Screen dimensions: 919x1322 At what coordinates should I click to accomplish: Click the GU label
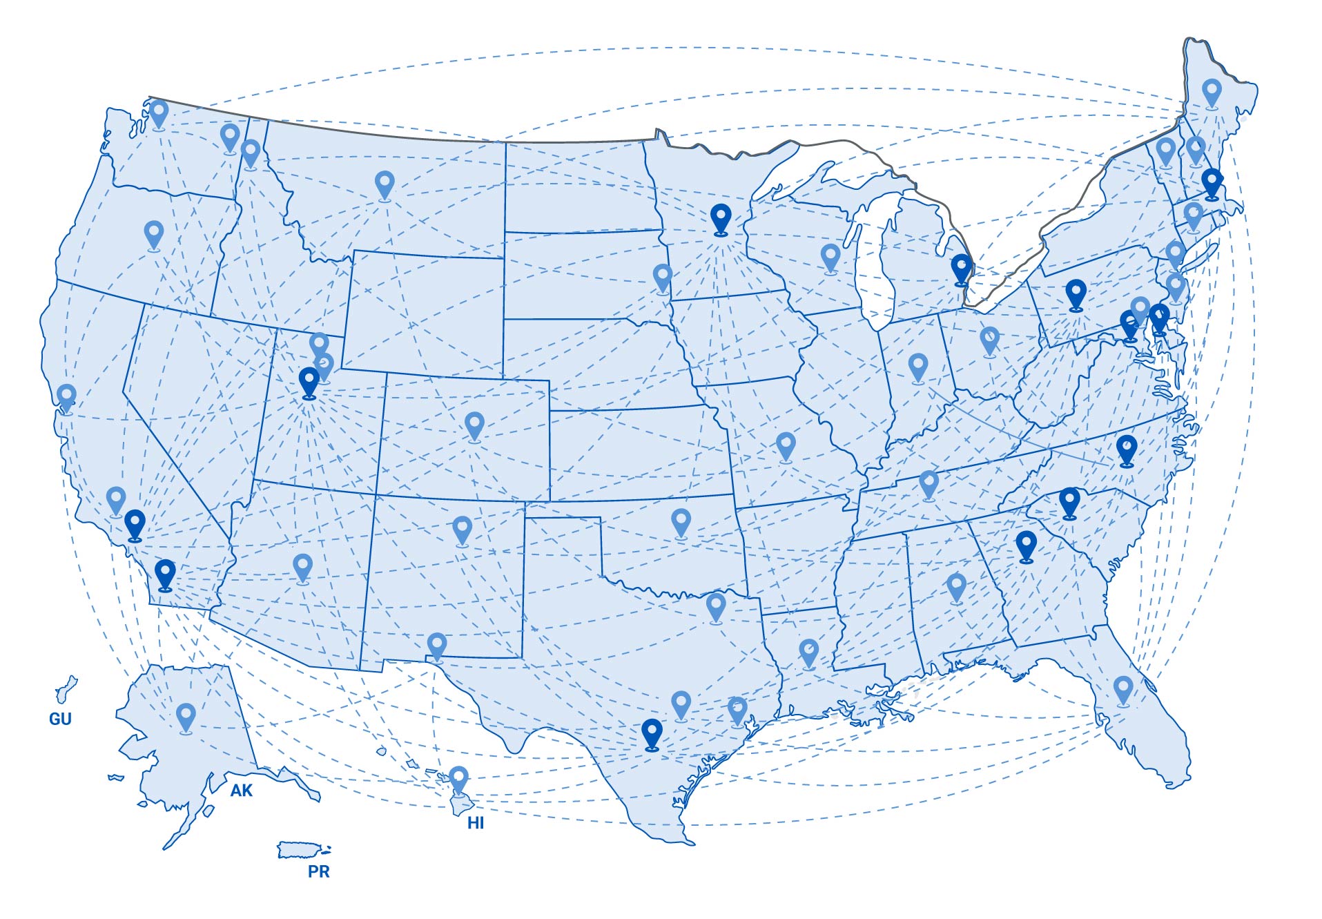coord(60,719)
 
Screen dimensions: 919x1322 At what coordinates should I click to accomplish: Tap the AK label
coord(241,791)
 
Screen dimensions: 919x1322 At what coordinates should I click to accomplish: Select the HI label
coord(475,823)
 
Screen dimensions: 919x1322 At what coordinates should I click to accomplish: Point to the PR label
coord(318,871)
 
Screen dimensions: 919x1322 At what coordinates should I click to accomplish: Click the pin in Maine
coord(1212,93)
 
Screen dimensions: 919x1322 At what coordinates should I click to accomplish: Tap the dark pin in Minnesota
coord(721,219)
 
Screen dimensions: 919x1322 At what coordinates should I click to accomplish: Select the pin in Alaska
coord(186,717)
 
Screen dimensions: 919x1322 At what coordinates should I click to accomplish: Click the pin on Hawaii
coord(458,780)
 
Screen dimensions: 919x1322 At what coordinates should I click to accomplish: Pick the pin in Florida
coord(1123,690)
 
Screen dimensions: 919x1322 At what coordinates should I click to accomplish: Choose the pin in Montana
coord(385,185)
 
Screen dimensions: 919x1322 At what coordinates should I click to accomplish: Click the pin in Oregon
coord(154,235)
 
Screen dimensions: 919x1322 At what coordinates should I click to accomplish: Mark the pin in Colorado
coord(474,425)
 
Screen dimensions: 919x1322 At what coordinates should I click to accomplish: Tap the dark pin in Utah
coord(309,382)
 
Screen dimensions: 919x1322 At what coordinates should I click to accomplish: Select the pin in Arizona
coord(302,568)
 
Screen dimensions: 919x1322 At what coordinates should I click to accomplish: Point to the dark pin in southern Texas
coord(652,733)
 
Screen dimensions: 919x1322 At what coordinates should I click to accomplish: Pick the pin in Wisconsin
coord(830,258)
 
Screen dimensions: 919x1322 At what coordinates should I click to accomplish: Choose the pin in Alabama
coord(956,588)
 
